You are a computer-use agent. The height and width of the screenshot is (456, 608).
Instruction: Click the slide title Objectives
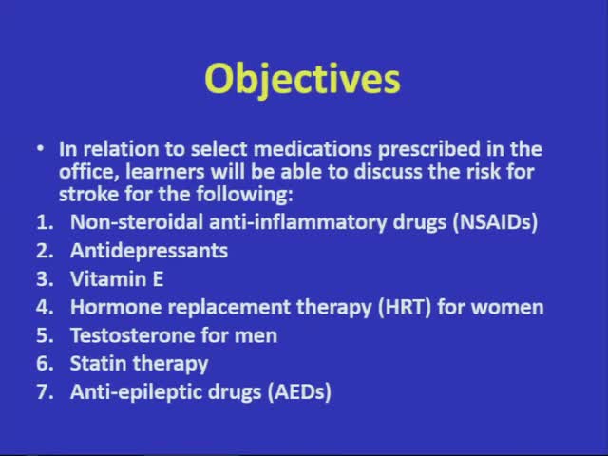click(x=303, y=80)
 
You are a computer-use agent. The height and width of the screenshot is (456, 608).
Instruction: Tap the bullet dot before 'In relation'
click(x=40, y=150)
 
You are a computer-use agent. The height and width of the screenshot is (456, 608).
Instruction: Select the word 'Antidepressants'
click(x=149, y=251)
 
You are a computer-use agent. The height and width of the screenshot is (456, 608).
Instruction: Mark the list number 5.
click(x=42, y=335)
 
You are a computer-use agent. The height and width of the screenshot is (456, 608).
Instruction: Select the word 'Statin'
click(x=98, y=363)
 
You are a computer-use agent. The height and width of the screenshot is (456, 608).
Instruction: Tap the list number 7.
click(x=42, y=391)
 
